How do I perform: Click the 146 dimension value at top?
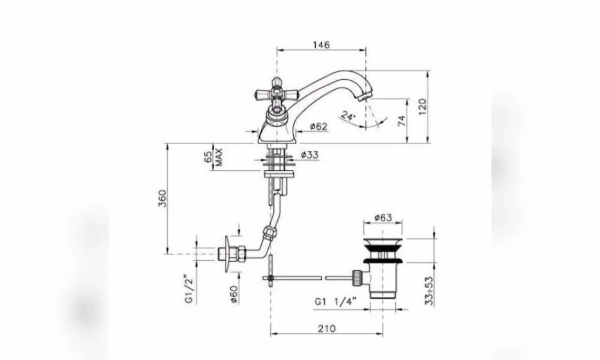(321, 45)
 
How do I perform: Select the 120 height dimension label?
(422, 107)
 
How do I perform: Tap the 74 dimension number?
(401, 121)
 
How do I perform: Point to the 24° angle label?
(348, 116)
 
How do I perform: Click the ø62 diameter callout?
(319, 126)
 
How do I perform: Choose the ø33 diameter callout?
(309, 155)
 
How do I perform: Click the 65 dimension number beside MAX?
(208, 157)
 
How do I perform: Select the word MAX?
(219, 157)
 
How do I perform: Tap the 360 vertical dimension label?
(163, 198)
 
